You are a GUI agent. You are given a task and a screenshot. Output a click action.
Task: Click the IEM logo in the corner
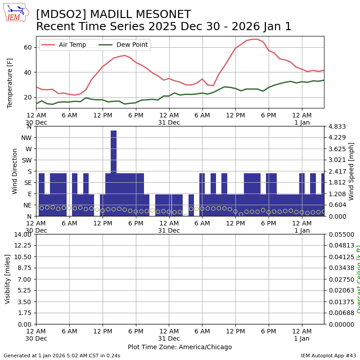pos(16,12)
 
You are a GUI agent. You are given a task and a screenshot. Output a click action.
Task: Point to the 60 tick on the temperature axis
pos(27,47)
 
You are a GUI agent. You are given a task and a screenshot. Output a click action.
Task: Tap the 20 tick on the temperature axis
pos(27,97)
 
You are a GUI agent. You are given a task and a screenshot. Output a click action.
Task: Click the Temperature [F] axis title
pos(10,83)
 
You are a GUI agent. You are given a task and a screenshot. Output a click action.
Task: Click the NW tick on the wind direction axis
pos(26,138)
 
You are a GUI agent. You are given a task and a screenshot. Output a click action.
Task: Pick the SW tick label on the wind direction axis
pos(26,160)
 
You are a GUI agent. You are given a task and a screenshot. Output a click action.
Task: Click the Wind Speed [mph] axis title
pos(351,171)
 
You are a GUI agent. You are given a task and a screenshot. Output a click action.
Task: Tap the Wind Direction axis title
pos(15,171)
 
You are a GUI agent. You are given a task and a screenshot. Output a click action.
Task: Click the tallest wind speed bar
pos(113,153)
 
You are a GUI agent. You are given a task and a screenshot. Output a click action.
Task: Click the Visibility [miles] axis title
pos(8,279)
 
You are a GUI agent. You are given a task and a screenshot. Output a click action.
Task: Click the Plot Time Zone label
pos(180,347)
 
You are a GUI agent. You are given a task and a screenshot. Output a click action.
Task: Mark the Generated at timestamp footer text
pos(62,355)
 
